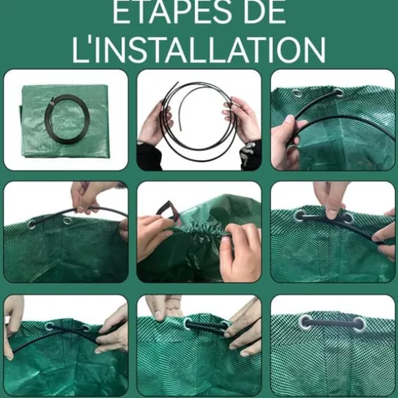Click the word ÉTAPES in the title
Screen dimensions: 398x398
tap(172, 12)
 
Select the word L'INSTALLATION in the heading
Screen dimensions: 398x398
tap(199, 50)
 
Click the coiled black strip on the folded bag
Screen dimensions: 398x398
tap(67, 119)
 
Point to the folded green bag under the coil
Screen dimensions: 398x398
tap(65, 122)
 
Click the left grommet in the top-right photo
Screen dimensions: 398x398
tap(297, 93)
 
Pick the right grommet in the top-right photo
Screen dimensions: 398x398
tap(338, 93)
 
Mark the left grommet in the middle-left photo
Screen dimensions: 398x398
tap(32, 224)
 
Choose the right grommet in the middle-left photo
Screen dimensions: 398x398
tap(67, 220)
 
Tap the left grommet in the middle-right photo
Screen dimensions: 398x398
tap(300, 216)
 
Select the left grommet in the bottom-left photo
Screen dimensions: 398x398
tap(49, 326)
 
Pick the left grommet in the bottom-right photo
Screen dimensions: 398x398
tap(306, 323)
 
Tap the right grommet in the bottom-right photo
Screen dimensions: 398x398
tap(359, 324)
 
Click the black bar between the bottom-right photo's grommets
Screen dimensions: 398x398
tap(332, 323)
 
